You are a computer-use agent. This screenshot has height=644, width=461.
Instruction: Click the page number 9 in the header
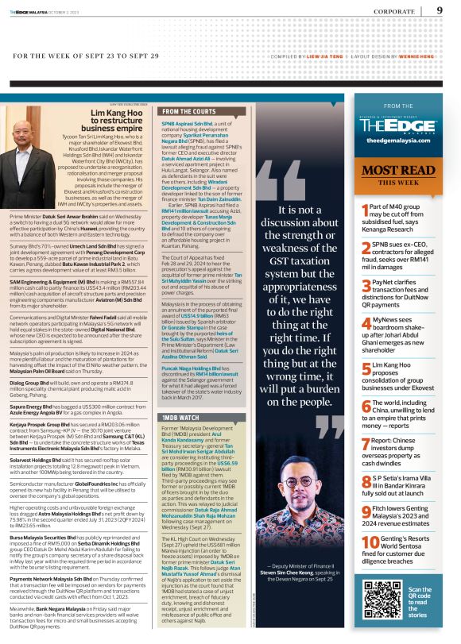pos(440,10)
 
